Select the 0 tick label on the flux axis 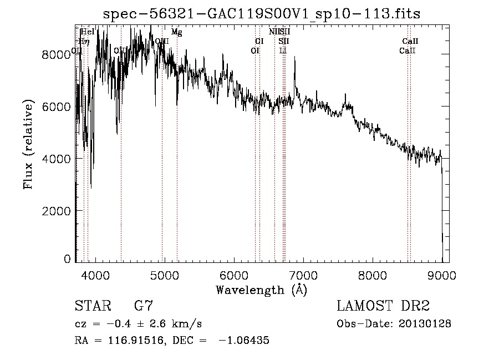68,259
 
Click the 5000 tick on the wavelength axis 164,275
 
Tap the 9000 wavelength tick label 442,275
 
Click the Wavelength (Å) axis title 261,290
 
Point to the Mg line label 176,32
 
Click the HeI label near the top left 88,32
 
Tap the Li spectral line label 283,50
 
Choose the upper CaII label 410,41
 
